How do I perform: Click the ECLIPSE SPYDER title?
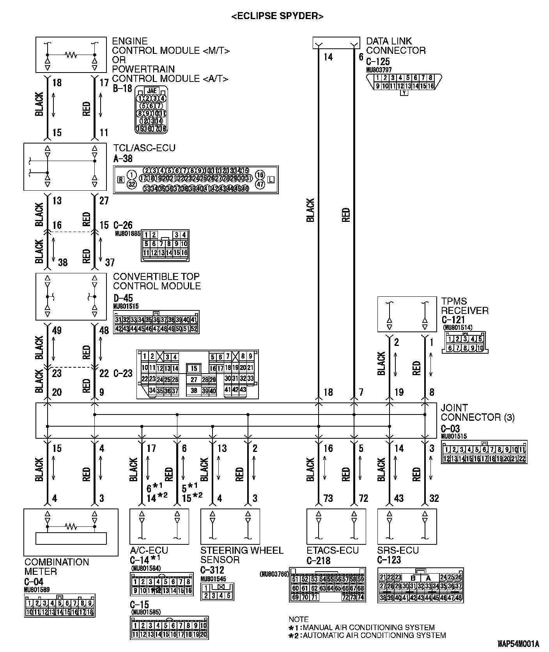point(277,16)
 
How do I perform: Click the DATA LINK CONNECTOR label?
point(395,46)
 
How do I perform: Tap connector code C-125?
point(377,62)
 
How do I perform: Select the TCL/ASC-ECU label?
point(144,148)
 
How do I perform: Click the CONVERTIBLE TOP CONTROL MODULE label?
point(157,281)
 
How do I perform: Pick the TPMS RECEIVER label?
point(465,306)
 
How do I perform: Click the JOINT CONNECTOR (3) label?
point(477,413)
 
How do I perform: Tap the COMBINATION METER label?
point(57,567)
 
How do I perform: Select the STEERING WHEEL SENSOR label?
point(242,555)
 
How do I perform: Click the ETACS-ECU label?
point(333,550)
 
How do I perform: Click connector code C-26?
point(123,225)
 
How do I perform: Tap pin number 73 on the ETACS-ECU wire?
point(328,498)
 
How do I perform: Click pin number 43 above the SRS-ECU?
point(398,498)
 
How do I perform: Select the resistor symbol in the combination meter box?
point(71,527)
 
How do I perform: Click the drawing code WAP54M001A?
point(518,643)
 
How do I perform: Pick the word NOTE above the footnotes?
point(298,619)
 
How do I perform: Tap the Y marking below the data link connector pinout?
point(404,93)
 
